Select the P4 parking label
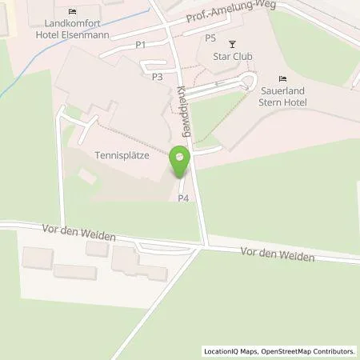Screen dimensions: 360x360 tap(183, 198)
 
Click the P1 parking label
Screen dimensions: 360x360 tap(140, 45)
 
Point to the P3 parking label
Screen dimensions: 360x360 tap(157, 77)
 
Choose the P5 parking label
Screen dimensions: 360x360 tap(210, 38)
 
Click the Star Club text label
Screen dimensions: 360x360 tap(234, 57)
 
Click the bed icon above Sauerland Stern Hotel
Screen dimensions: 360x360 tap(282, 78)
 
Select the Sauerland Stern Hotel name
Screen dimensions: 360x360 tap(282, 96)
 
